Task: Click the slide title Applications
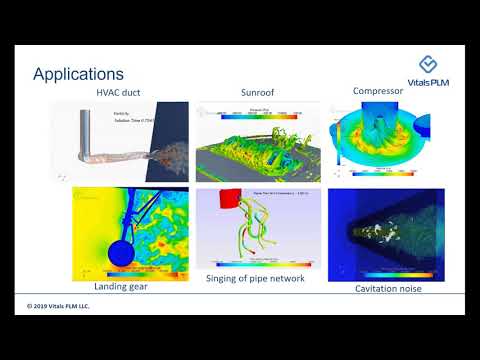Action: point(78,74)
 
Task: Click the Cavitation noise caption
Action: point(389,288)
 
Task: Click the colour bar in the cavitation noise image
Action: point(387,273)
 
